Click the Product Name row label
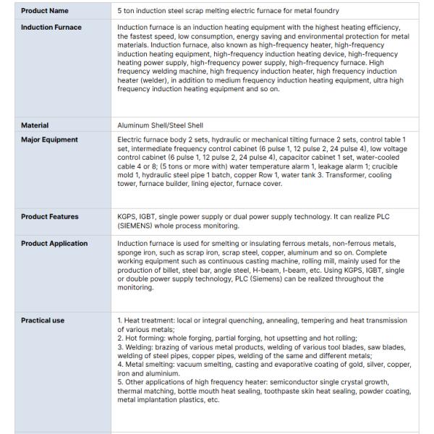[x=45, y=11]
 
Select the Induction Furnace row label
[x=51, y=27]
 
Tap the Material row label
[x=35, y=125]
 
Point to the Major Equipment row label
[x=49, y=139]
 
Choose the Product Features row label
[x=50, y=216]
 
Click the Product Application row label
[x=54, y=243]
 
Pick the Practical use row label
[x=43, y=319]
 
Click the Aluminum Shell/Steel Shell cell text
[x=160, y=125]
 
